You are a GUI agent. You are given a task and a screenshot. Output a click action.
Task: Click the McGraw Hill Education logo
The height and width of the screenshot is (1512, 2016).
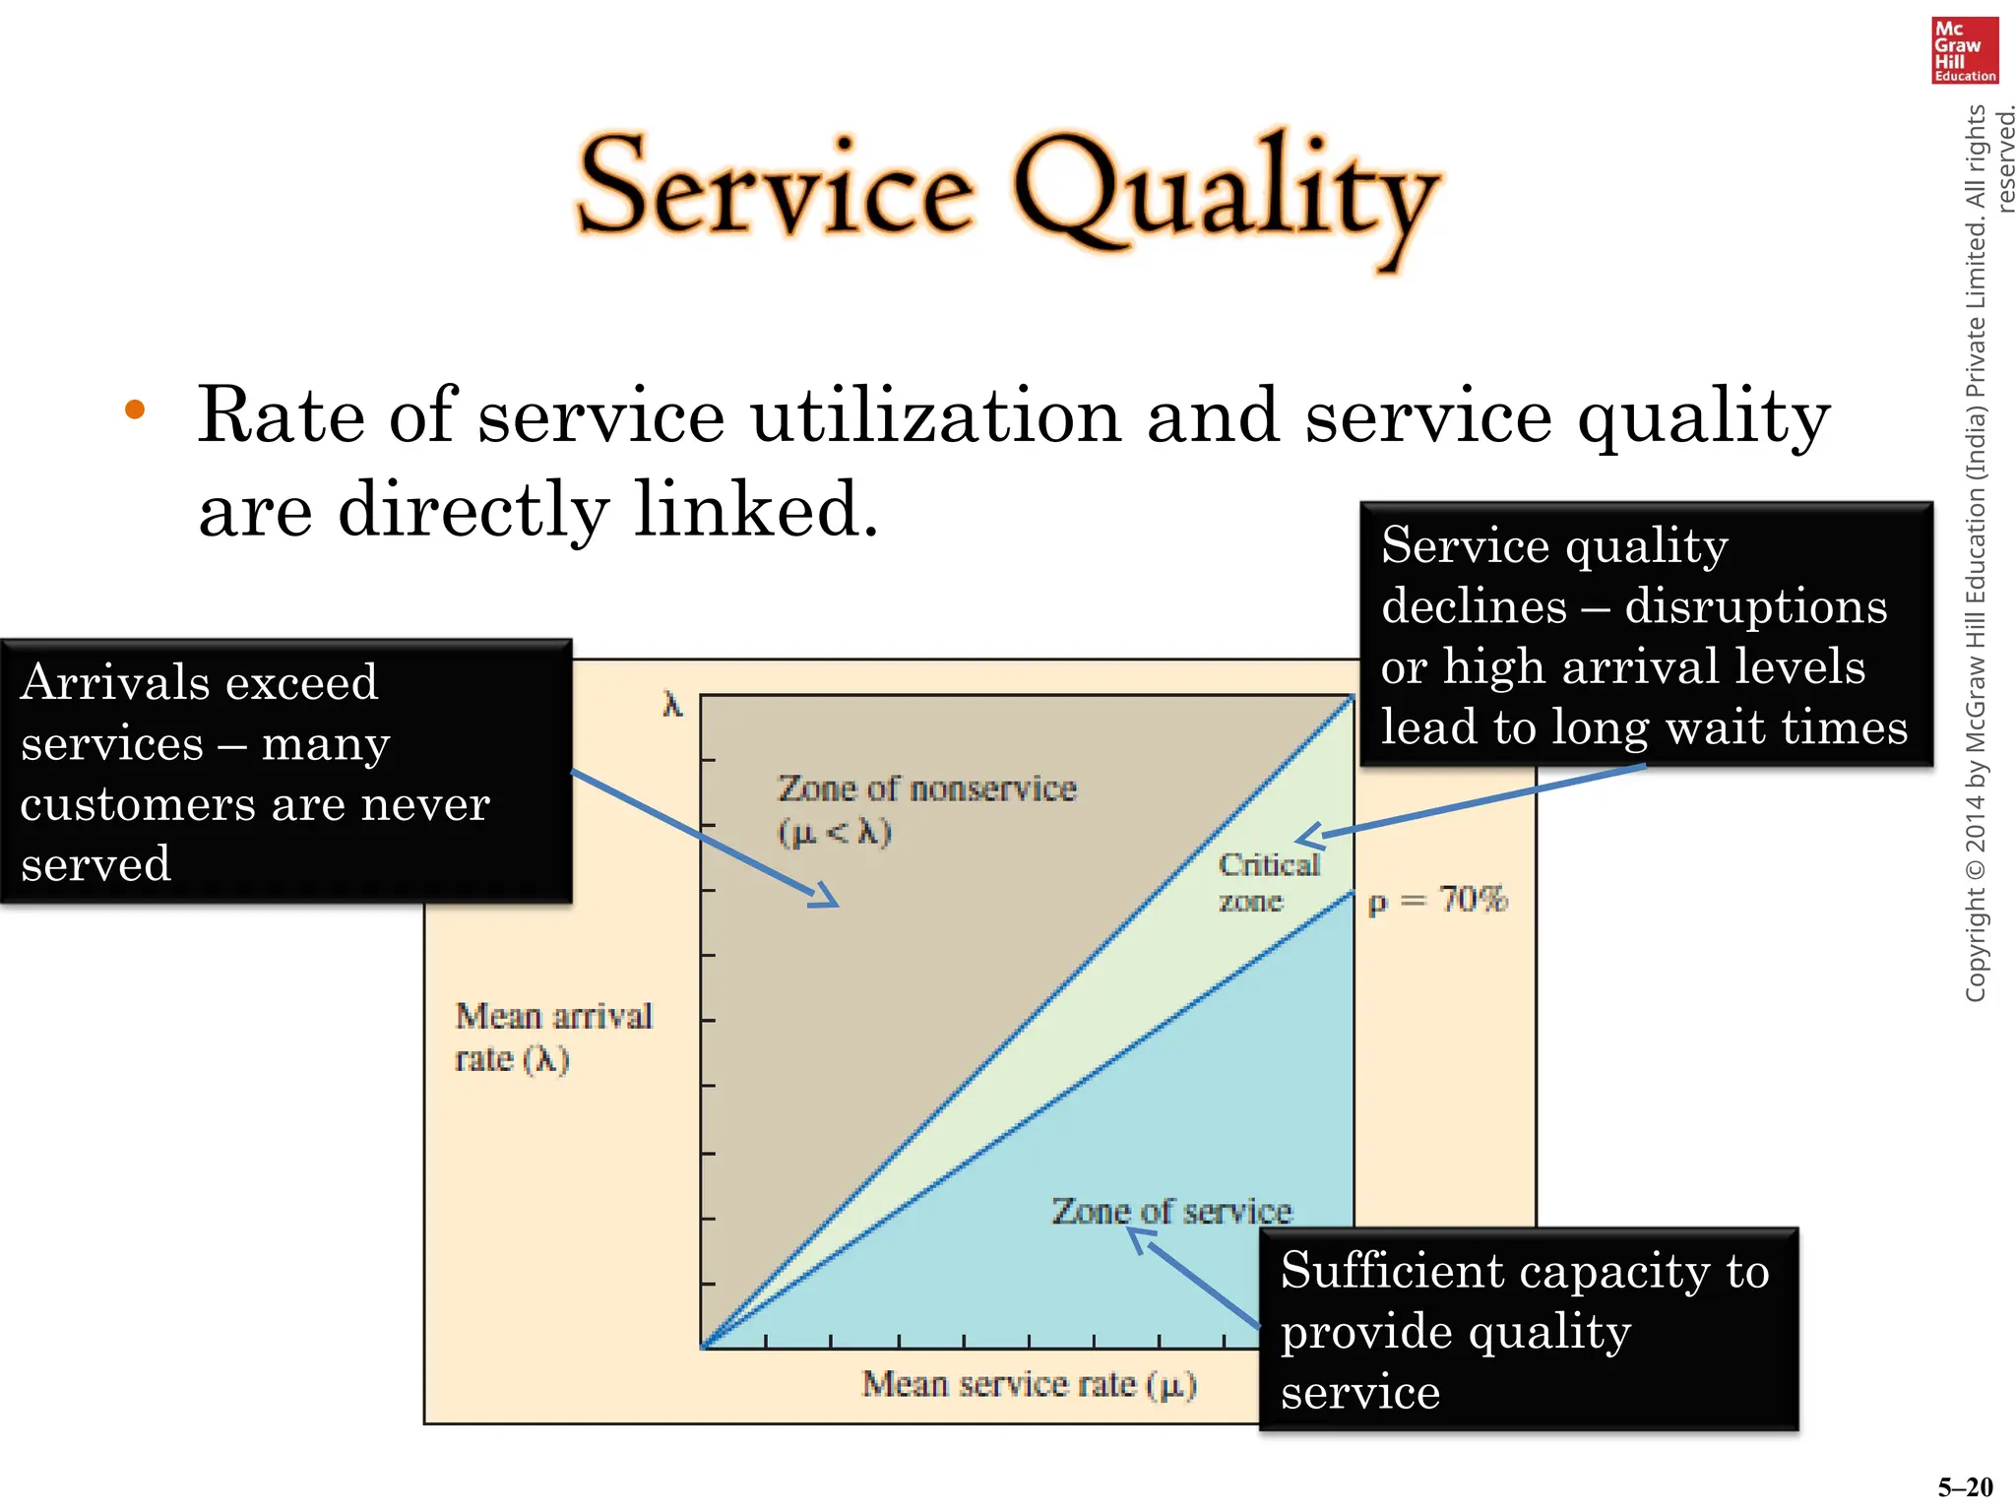click(1964, 50)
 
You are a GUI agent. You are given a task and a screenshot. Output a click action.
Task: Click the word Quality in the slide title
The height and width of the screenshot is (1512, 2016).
click(1226, 193)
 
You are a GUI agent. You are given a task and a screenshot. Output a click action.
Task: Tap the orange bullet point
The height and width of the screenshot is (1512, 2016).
click(135, 410)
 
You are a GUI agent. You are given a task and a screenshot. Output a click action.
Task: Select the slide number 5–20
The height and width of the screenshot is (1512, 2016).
click(1965, 1487)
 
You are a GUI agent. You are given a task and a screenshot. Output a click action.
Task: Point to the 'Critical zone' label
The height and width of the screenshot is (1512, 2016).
click(1267, 882)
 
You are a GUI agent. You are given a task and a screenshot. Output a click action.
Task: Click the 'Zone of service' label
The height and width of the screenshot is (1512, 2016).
click(1171, 1211)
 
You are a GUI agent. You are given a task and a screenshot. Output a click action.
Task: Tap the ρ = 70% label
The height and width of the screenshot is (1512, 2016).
click(1437, 900)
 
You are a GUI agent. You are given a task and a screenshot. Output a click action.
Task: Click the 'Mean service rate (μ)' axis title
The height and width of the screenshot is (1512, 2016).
click(1029, 1384)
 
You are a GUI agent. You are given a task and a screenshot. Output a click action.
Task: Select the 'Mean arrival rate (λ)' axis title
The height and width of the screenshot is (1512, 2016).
click(552, 1038)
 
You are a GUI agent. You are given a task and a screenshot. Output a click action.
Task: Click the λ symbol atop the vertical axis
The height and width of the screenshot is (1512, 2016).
click(672, 705)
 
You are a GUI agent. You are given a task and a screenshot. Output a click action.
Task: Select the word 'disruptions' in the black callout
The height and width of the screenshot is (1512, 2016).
click(1755, 606)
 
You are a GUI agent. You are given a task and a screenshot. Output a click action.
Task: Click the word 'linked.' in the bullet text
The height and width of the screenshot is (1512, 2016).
click(755, 510)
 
